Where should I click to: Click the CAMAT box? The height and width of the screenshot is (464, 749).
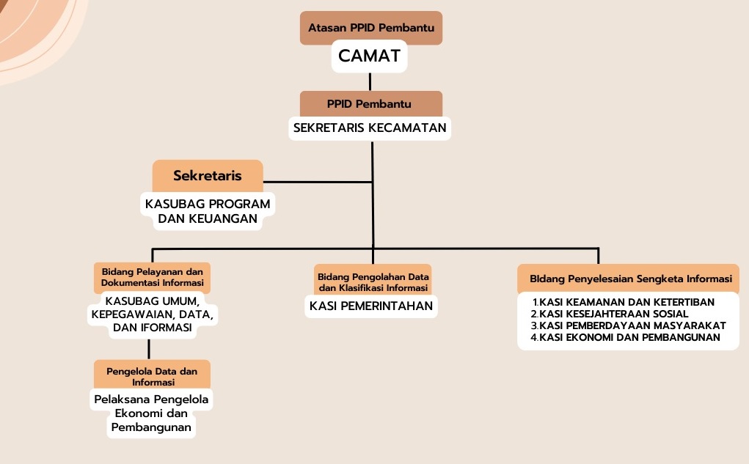[x=369, y=56]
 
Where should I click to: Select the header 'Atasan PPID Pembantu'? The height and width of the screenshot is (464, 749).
[x=371, y=28]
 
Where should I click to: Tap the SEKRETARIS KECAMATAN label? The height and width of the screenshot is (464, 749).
[x=370, y=128]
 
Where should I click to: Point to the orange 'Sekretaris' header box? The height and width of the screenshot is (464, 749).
[x=208, y=176]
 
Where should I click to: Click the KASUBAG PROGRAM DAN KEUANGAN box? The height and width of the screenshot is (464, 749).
[x=208, y=211]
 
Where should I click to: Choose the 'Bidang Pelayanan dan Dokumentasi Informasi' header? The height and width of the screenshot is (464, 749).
[x=152, y=277]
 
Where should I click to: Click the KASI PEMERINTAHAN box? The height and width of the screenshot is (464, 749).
[x=371, y=306]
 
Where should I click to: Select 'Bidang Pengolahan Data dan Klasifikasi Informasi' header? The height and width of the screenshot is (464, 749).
[x=373, y=281]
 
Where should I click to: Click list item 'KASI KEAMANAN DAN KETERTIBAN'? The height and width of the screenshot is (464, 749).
[x=624, y=302]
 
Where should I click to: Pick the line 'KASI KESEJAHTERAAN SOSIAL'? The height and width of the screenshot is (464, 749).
[x=610, y=314]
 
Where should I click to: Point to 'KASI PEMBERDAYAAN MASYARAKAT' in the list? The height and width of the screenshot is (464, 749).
[x=628, y=325]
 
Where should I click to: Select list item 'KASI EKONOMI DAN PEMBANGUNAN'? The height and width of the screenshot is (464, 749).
[x=625, y=337]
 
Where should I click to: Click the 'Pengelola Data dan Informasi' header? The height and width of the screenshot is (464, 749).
[x=152, y=376]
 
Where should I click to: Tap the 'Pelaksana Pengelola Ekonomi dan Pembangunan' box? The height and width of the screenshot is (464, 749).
[x=151, y=413]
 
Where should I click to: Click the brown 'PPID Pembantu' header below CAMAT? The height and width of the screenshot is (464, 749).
[x=371, y=103]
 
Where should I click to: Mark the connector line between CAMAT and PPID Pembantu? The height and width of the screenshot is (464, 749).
[x=370, y=81]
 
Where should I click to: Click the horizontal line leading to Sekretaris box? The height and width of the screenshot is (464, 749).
[x=318, y=182]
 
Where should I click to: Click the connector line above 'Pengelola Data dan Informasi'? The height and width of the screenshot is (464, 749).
[x=149, y=350]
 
